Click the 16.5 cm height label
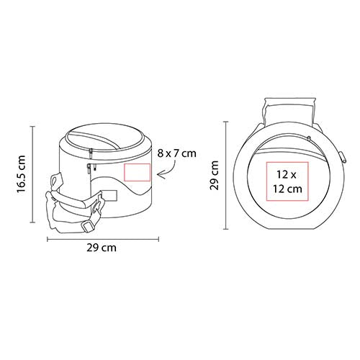pos(21,174)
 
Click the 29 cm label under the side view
pos(102,248)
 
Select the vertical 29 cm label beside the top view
pos(215,175)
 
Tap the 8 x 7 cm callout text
pos(177,153)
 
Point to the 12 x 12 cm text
pos(287,181)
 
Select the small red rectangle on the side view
pos(137,172)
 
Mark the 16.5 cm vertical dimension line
pos(32,174)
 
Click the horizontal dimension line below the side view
pos(103,239)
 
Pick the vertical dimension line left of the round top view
pos(225,175)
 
